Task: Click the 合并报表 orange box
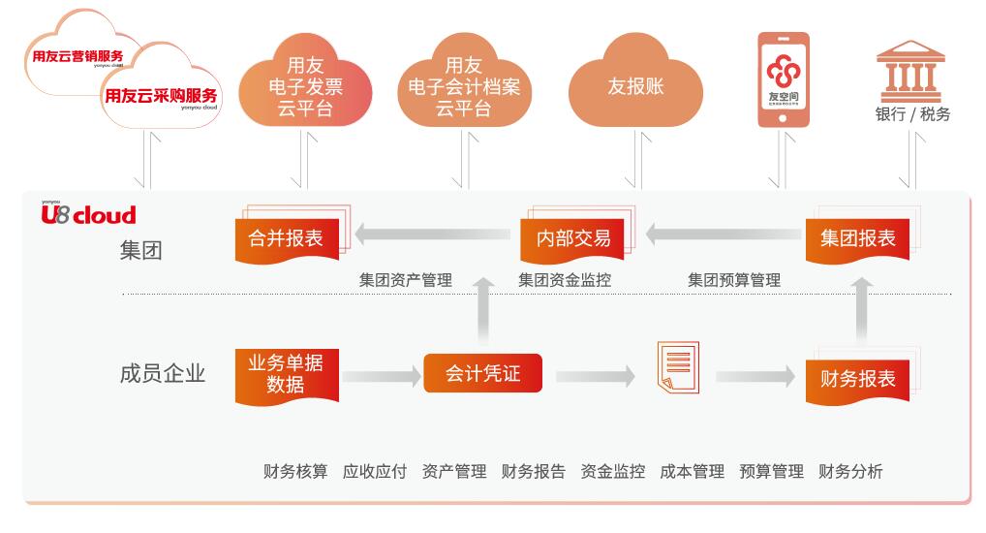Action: (x=286, y=238)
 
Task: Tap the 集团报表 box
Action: (x=857, y=238)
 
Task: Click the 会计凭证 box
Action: (x=482, y=373)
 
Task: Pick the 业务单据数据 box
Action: (x=286, y=374)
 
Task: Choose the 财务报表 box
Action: (x=857, y=378)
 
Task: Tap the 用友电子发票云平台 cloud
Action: (x=304, y=88)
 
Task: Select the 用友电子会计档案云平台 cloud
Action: (x=469, y=88)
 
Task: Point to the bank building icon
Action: (x=911, y=69)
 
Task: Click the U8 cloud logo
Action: (x=88, y=214)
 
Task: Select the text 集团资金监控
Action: (x=565, y=280)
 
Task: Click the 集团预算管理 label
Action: (x=734, y=280)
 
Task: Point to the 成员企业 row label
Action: (x=163, y=373)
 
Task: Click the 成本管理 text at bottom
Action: (x=692, y=472)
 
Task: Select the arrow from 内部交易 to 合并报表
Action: (x=432, y=233)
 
